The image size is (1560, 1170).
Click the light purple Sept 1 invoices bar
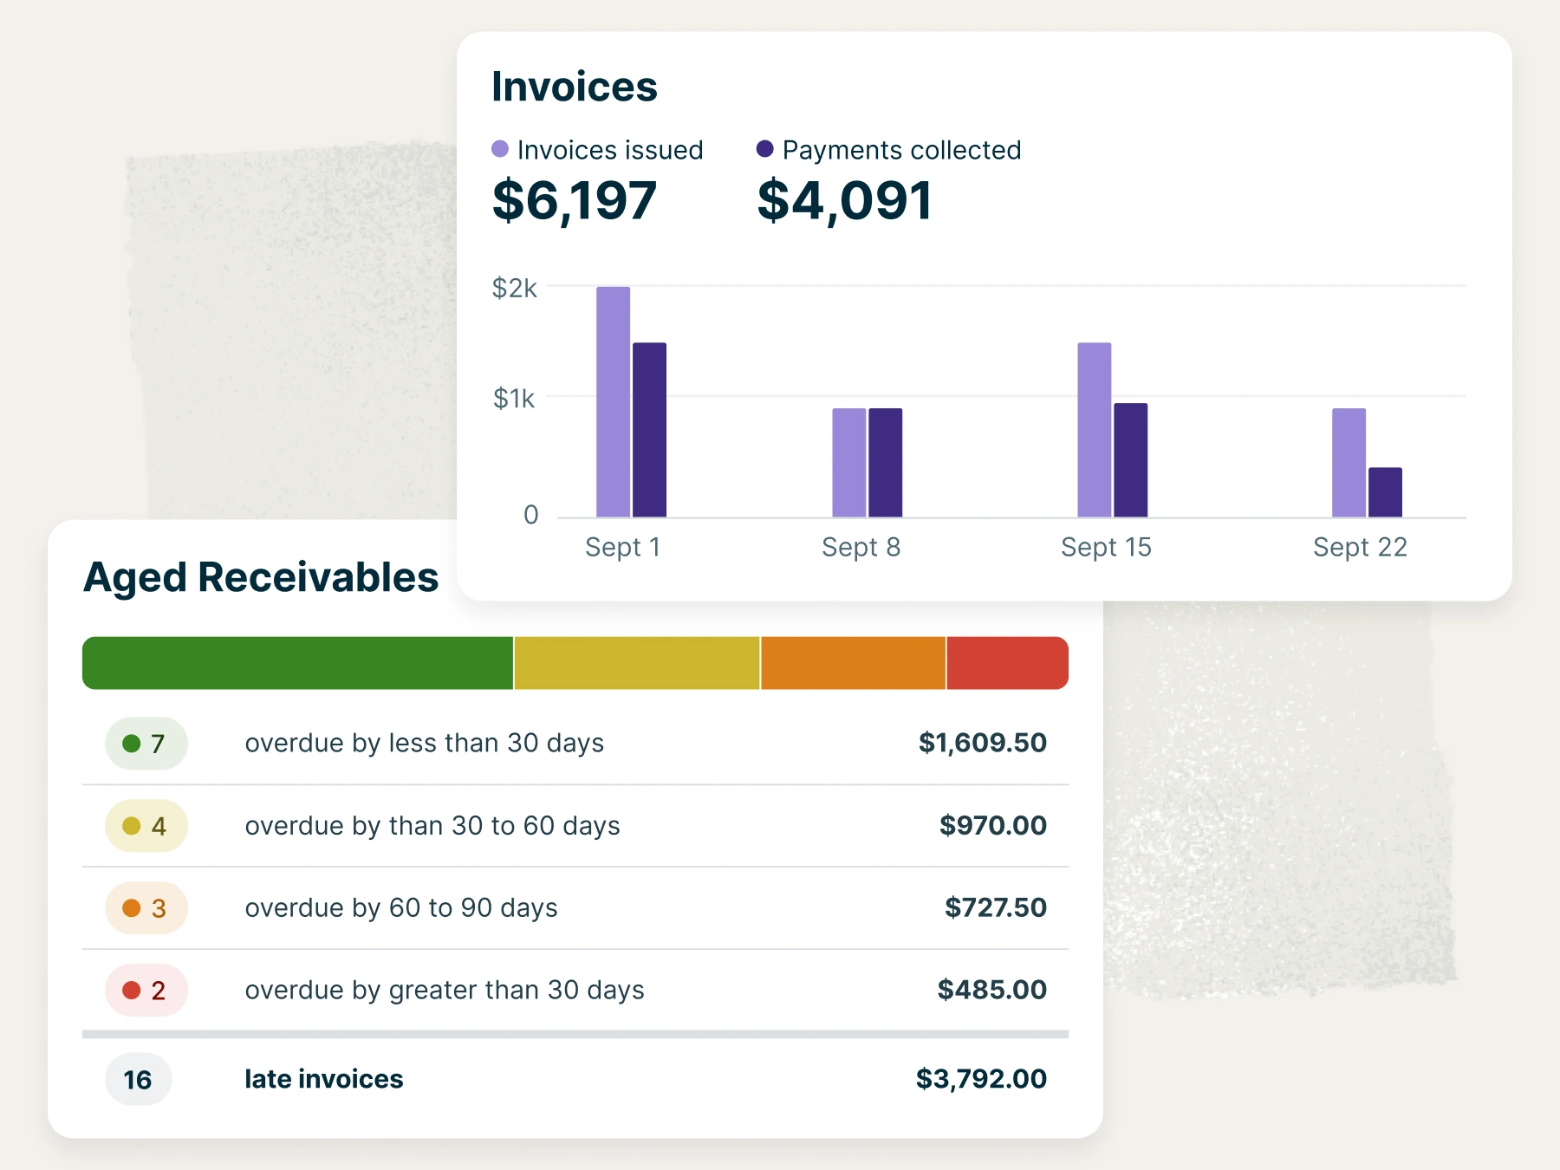(x=613, y=402)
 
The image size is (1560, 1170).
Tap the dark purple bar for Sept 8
(x=885, y=463)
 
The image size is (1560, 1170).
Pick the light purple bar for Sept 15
(x=1094, y=430)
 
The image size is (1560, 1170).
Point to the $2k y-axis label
(x=514, y=288)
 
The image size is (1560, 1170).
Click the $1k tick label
(x=514, y=399)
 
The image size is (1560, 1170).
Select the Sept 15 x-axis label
(x=1106, y=547)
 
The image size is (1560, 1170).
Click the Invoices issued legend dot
(x=500, y=149)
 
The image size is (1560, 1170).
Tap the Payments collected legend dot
(x=764, y=149)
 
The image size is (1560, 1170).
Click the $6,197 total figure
(x=574, y=200)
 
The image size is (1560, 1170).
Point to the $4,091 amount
(x=844, y=200)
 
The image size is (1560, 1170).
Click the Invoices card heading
(x=574, y=87)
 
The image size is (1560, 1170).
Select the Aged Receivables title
(x=261, y=577)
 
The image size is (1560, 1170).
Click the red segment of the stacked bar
(x=1006, y=663)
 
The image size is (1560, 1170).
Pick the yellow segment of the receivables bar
(x=637, y=663)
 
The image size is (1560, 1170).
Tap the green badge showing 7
(x=146, y=744)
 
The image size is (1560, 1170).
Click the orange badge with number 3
(x=146, y=908)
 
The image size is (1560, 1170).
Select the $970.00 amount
(x=992, y=825)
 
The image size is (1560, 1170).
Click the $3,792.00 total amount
(x=981, y=1079)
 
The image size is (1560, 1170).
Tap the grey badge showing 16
(x=138, y=1080)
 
